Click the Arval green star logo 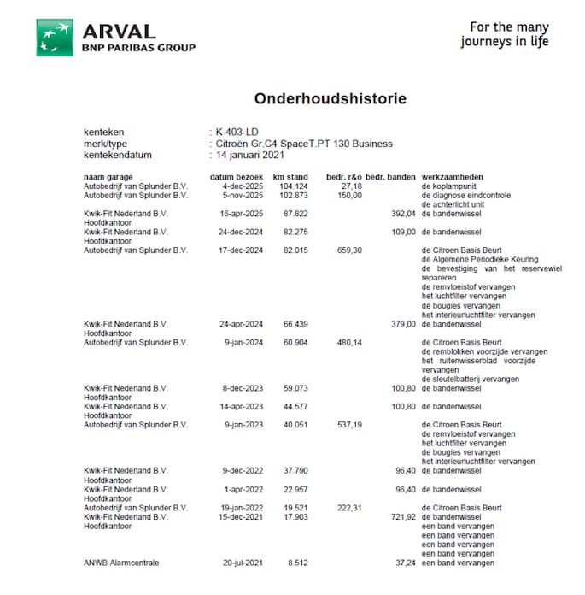click(x=54, y=37)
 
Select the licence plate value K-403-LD click(x=237, y=133)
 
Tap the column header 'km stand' click(x=290, y=177)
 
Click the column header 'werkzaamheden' click(x=450, y=177)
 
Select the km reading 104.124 click(x=293, y=186)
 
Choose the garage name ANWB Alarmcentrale click(x=121, y=563)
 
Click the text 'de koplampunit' click(x=450, y=186)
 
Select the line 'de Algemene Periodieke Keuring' click(x=478, y=259)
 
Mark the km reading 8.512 click(x=296, y=563)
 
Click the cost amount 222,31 click(x=350, y=508)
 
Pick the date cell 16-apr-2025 click(x=238, y=213)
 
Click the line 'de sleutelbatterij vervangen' click(x=470, y=379)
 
